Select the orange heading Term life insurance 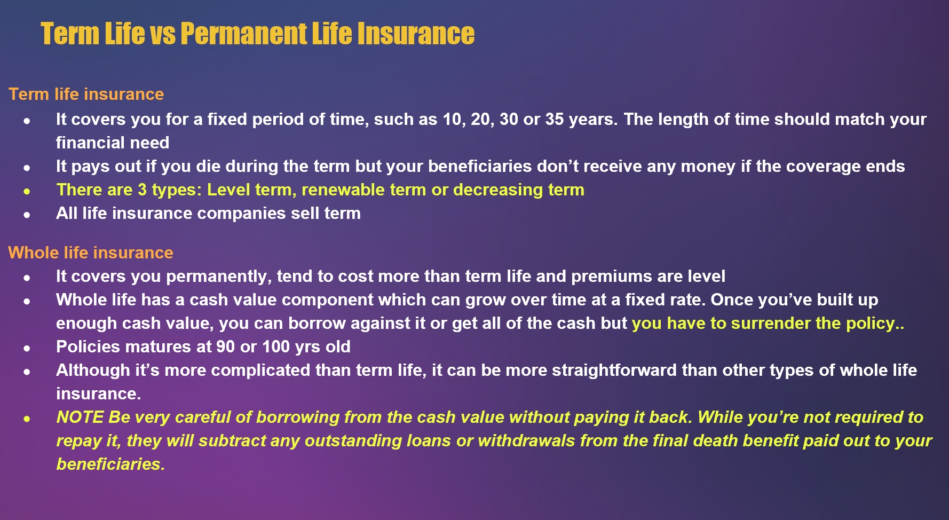86,94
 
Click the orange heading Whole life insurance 91,253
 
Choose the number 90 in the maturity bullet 226,346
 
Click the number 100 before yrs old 276,346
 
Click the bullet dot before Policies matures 27,348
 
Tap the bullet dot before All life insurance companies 27,215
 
